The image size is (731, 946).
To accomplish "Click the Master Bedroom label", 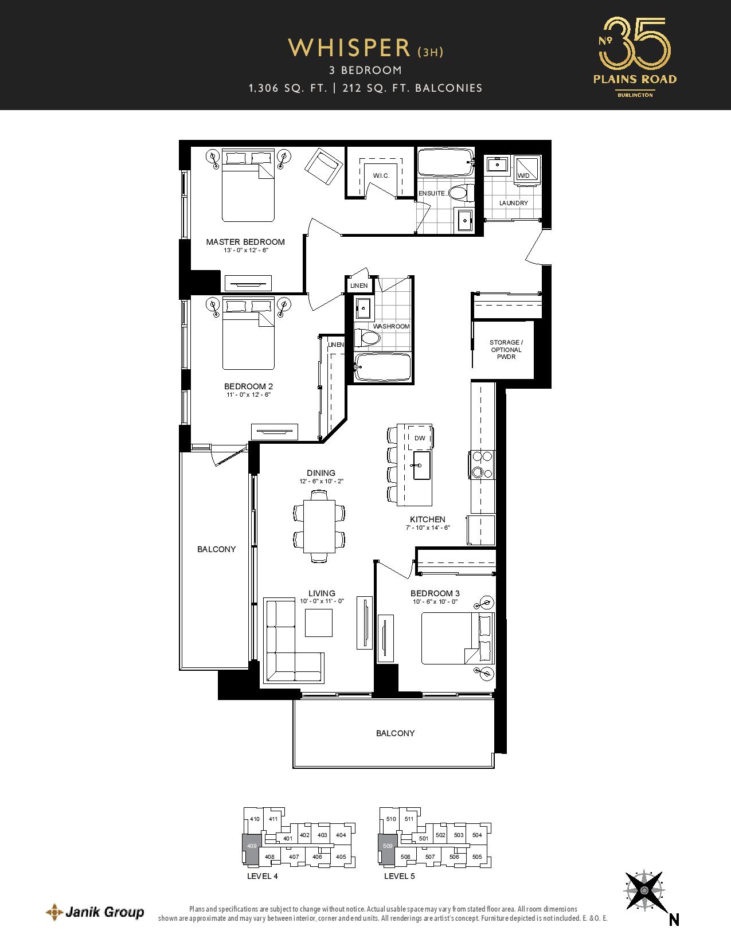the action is pos(245,241).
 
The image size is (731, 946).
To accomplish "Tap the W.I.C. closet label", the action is pos(381,176).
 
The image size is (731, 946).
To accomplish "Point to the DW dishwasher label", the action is pos(420,438).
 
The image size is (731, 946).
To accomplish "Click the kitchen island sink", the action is pos(421,465).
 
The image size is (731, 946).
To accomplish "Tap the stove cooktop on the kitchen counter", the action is pos(482,464).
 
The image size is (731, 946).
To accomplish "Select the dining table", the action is pos(319,526).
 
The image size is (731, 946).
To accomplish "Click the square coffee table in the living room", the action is pos(319,623).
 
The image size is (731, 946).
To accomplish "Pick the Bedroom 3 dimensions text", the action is pos(435,601).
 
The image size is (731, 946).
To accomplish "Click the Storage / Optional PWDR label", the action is pos(506,350).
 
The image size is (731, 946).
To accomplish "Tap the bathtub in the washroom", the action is pos(382,367).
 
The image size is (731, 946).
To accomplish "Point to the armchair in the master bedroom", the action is pos(323,167).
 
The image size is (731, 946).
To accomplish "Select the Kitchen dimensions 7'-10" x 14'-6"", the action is pos(428,527).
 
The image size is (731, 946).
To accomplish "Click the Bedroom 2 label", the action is pos(248,386).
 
